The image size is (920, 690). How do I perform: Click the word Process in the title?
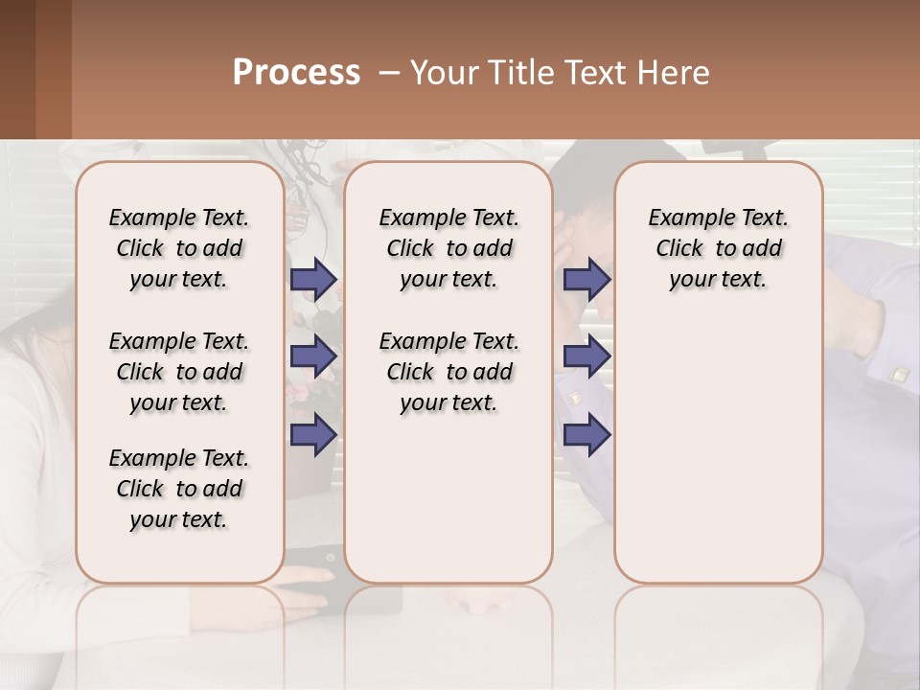click(x=296, y=73)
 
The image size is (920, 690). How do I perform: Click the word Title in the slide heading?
click(x=518, y=73)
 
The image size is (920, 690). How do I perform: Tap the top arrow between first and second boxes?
click(x=313, y=280)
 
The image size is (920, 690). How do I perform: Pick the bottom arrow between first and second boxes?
click(x=313, y=434)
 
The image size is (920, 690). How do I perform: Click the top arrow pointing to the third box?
click(x=586, y=280)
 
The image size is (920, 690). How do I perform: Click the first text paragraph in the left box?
click(x=179, y=248)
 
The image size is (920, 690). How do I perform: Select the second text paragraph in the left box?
click(x=179, y=372)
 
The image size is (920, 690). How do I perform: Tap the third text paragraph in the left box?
click(x=179, y=489)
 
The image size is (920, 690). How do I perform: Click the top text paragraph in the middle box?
click(x=448, y=248)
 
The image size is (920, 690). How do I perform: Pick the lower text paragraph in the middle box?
click(x=448, y=372)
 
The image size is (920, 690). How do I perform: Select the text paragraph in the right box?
click(x=718, y=248)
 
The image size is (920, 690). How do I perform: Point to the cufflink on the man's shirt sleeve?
click(x=899, y=375)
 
